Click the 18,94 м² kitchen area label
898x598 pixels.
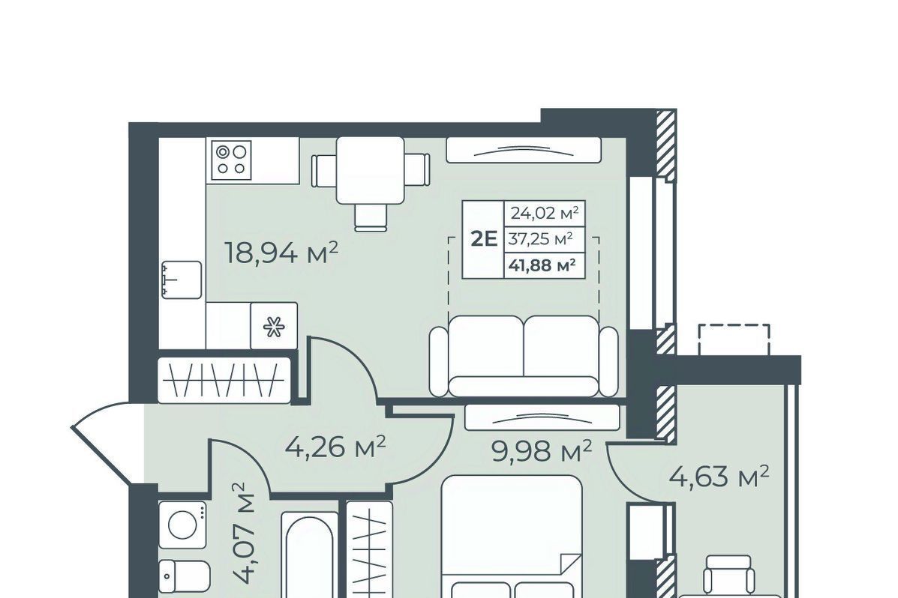[282, 253]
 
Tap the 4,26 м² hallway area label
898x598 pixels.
[335, 447]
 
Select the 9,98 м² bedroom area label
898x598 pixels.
[541, 452]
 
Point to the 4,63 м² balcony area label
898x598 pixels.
[719, 476]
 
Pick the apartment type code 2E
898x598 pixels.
[484, 238]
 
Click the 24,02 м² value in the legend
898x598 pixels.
[545, 214]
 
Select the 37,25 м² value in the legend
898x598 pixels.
[541, 239]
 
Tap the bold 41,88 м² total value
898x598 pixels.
[542, 265]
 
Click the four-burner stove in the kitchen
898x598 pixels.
[231, 159]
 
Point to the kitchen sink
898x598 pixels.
[182, 280]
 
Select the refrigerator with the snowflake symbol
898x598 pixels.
[274, 326]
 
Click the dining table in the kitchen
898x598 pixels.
[371, 170]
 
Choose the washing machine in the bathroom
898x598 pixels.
[183, 525]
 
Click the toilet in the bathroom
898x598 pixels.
[185, 575]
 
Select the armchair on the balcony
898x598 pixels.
[728, 575]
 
